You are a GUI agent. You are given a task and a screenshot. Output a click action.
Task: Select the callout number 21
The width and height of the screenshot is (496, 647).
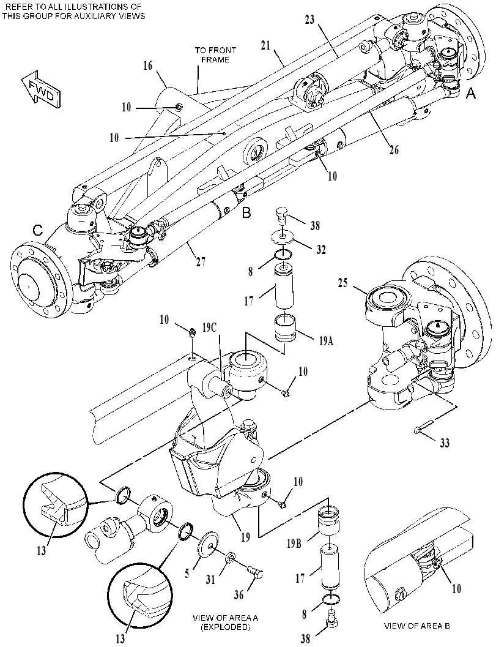point(265,45)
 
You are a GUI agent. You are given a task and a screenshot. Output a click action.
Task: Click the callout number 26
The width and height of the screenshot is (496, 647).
point(394,149)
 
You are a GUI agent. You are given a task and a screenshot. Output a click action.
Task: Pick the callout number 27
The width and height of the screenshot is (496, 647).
point(201,262)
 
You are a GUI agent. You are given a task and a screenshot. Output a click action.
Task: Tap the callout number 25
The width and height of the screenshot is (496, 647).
point(343,283)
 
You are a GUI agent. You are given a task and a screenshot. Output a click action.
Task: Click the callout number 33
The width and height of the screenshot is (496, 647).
point(444,443)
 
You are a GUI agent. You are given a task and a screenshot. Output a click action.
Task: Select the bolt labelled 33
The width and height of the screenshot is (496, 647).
point(424,426)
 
